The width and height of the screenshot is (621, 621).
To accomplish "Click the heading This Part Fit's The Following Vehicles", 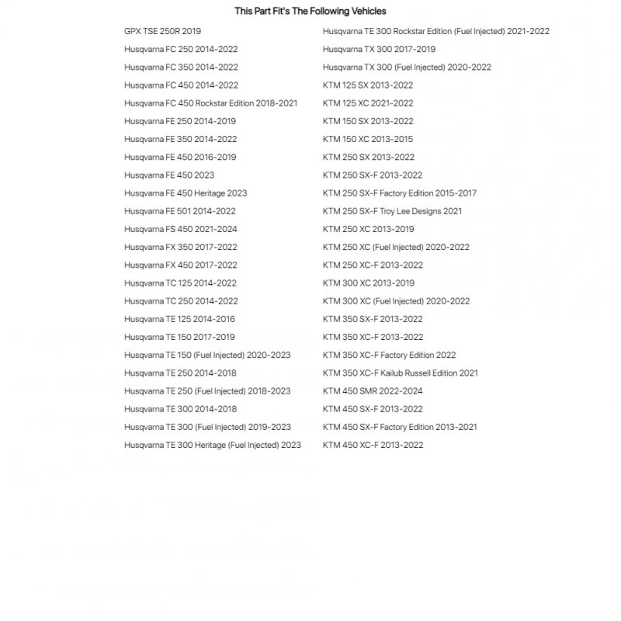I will (x=310, y=12).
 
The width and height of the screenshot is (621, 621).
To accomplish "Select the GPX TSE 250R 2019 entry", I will (x=162, y=31).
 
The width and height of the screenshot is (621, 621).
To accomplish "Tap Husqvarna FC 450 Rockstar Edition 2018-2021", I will (x=210, y=103).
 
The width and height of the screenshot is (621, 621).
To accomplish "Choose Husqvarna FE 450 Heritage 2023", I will (x=186, y=193).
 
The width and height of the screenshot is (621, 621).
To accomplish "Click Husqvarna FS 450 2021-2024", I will (x=181, y=229).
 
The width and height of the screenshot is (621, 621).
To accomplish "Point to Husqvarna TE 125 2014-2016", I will (x=179, y=319).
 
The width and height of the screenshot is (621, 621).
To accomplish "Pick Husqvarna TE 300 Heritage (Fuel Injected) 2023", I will (x=213, y=445).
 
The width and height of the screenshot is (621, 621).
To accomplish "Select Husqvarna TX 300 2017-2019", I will (x=379, y=50).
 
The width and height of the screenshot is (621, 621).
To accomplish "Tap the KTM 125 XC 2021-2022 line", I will (x=368, y=103).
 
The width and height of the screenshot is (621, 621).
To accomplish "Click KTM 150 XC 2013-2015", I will (x=368, y=139).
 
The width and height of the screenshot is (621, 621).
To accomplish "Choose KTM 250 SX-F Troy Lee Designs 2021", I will (x=392, y=211).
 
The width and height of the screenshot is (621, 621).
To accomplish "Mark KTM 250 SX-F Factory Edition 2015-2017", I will (x=400, y=193).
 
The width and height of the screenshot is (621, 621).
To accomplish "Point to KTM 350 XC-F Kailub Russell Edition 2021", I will (x=401, y=373).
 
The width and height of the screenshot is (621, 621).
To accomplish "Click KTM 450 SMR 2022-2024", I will (x=373, y=391).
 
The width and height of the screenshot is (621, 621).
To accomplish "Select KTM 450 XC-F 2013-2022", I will (x=373, y=445).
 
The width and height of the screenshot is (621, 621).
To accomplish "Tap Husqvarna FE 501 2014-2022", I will (x=179, y=211).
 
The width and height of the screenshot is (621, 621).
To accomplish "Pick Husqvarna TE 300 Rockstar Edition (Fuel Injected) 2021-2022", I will (x=436, y=31).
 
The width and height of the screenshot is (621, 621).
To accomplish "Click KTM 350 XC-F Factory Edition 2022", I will (x=389, y=355).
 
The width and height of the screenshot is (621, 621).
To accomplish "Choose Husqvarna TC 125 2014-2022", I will (x=180, y=283).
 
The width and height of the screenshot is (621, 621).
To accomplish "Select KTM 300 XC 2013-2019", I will (x=369, y=283).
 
